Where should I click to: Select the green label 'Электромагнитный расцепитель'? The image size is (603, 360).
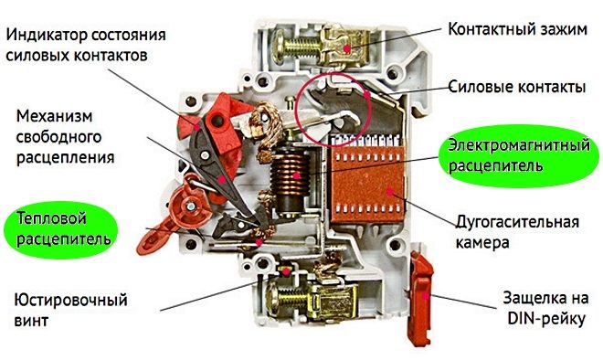pos(516,155)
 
